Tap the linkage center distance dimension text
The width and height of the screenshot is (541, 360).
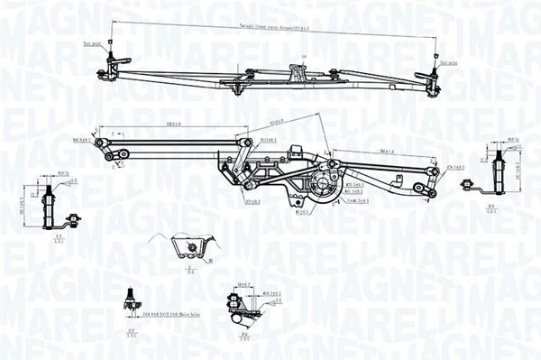click(x=271, y=29)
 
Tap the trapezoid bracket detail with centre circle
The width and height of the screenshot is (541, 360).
click(x=190, y=246)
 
